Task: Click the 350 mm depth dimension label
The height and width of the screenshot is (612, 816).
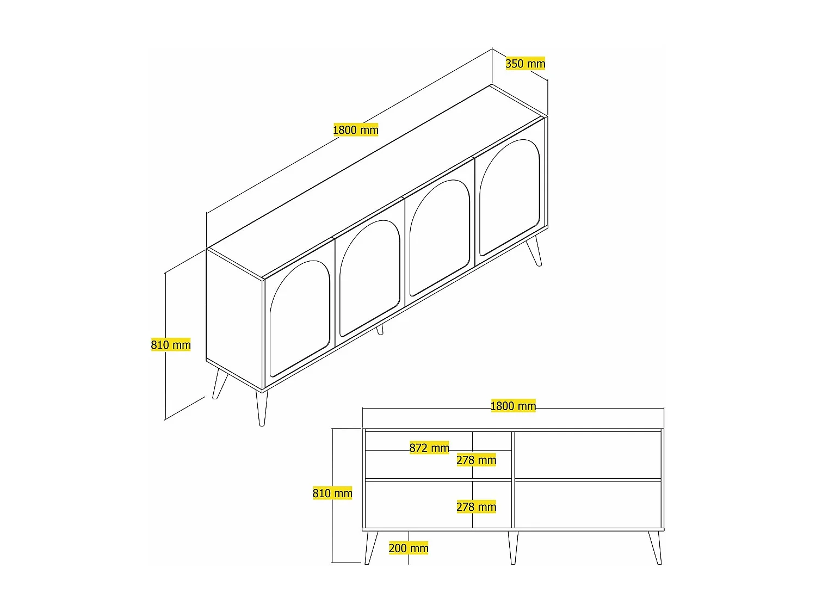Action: pos(525,64)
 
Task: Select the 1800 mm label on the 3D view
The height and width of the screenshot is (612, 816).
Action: pos(355,130)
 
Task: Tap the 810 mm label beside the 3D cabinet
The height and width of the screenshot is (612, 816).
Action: pos(171,345)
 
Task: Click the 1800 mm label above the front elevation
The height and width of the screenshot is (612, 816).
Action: pos(513,406)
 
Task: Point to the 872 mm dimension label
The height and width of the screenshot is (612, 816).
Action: pos(429,448)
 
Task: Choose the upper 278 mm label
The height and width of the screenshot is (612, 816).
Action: pos(476,460)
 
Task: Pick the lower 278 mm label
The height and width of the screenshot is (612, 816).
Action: pos(476,507)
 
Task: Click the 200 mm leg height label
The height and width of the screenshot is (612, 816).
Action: pos(409,548)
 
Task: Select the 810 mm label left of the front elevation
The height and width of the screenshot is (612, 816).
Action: pos(332,493)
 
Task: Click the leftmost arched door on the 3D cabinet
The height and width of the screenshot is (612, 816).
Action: pos(299,318)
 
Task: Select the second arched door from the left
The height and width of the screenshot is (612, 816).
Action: pos(369,277)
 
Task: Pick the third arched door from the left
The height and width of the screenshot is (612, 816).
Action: pos(440,237)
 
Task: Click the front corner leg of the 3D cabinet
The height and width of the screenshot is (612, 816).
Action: pos(262,408)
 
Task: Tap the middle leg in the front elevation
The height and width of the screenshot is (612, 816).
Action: pos(512,547)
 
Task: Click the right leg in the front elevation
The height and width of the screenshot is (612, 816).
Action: pos(655,547)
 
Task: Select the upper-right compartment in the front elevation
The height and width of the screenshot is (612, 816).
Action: pos(588,455)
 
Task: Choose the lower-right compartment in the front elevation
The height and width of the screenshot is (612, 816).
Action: pos(588,504)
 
